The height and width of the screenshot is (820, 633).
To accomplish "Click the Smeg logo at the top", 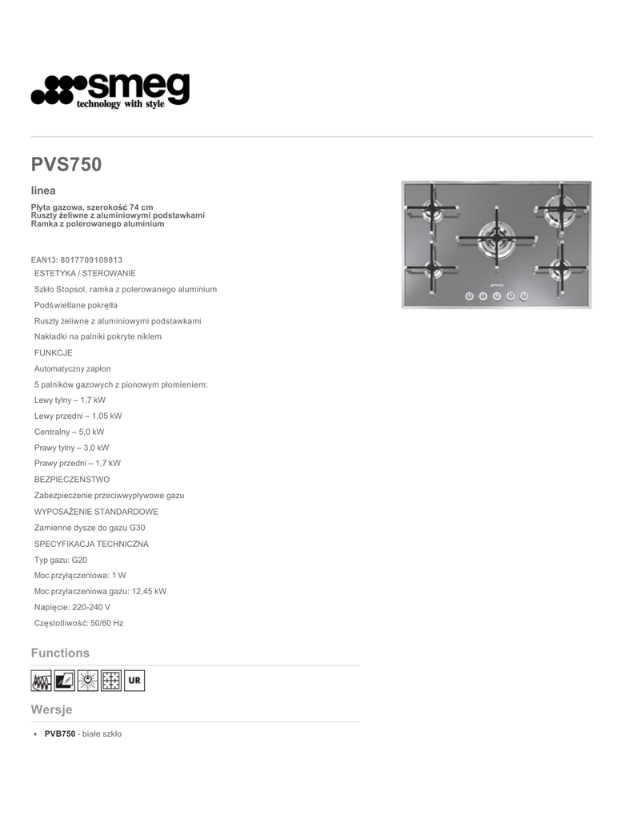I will [110, 90].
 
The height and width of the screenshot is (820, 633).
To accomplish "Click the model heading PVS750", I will [66, 164].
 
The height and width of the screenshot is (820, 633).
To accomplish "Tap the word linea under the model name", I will [43, 191].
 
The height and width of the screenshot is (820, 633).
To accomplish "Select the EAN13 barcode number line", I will [77, 259].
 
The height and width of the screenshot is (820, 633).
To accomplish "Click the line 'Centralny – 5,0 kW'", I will [69, 432].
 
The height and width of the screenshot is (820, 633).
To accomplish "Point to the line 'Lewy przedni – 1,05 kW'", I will [78, 416].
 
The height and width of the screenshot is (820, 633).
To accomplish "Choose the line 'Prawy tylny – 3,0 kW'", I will [71, 448].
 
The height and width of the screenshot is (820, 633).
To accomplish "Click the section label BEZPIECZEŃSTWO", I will [72, 479].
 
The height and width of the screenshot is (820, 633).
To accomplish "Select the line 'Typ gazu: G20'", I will [61, 560].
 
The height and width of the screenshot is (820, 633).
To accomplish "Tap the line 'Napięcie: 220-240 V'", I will [72, 607].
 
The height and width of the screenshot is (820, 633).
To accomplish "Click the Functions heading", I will [60, 653].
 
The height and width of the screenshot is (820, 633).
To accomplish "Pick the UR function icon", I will [134, 681].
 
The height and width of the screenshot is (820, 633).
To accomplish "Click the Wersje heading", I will [51, 709].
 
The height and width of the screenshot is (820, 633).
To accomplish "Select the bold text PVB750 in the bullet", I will [60, 734].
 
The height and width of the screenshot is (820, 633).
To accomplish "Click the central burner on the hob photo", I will [496, 237].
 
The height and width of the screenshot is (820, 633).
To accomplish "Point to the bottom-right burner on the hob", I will [560, 265].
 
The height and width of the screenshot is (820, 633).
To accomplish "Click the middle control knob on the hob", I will [496, 296].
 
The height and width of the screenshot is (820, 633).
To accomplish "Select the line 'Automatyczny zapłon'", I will [72, 368].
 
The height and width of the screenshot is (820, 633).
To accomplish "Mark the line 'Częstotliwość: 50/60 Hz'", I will [78, 622].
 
